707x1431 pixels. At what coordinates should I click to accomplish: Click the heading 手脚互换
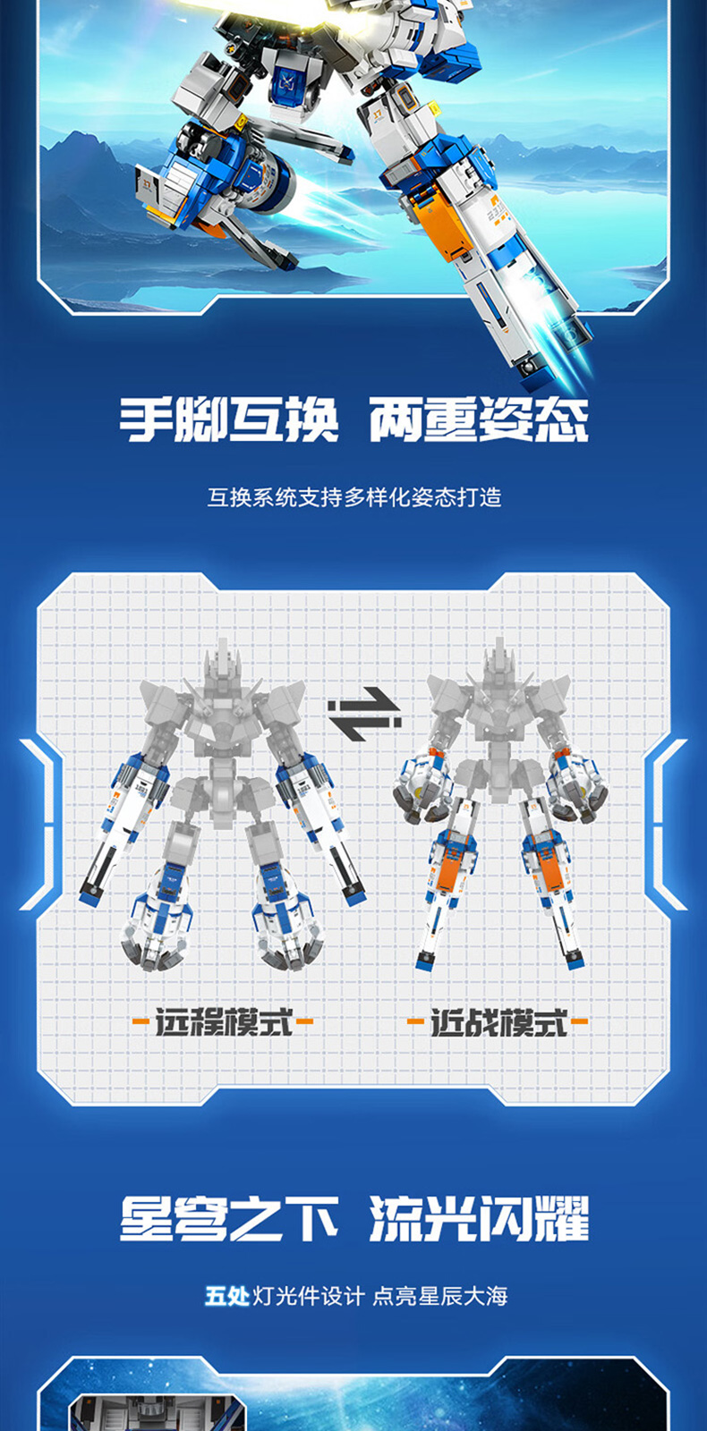tap(229, 419)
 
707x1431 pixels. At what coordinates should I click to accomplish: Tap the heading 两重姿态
tap(479, 419)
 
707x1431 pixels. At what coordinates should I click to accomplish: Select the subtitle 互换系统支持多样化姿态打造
tap(354, 497)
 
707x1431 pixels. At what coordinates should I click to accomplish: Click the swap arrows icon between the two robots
tap(364, 714)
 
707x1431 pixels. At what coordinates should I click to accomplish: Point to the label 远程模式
tap(224, 1021)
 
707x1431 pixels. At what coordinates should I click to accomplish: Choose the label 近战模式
tap(498, 1021)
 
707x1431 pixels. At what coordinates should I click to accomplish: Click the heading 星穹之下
tap(229, 1218)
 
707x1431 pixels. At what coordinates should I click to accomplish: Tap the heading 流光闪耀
tap(479, 1218)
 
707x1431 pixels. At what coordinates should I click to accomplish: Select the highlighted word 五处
tap(227, 1296)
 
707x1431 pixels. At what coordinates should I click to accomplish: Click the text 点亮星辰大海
tap(439, 1296)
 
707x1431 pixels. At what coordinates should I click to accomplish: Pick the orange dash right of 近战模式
tap(578, 1021)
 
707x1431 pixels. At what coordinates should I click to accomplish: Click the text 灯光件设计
tap(309, 1296)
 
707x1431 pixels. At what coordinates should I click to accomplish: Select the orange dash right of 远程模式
tap(304, 1021)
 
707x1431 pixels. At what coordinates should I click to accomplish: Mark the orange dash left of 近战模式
tap(415, 1021)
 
